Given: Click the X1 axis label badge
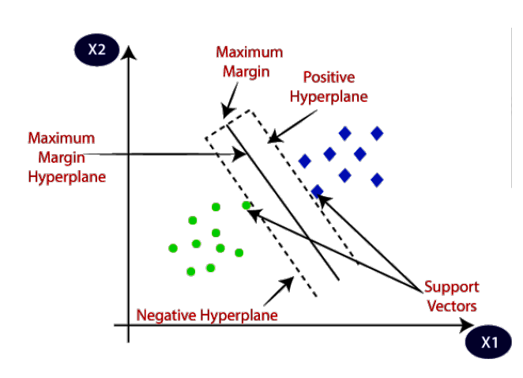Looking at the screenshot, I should pyautogui.click(x=490, y=342).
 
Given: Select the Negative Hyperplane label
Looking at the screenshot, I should pyautogui.click(x=207, y=315).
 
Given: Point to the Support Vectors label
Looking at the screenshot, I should pyautogui.click(x=451, y=296).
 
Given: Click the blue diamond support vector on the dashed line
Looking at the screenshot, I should pyautogui.click(x=317, y=190).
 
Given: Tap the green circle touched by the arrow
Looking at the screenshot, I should pyautogui.click(x=246, y=206).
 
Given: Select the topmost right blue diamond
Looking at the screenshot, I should pyautogui.click(x=377, y=133).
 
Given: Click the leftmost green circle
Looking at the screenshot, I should pyautogui.click(x=173, y=248).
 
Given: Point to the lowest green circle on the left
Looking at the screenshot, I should pyautogui.click(x=190, y=271).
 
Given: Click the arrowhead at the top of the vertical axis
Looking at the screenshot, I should pyautogui.click(x=128, y=52).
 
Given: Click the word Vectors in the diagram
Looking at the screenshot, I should pyautogui.click(x=451, y=305).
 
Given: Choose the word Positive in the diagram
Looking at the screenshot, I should pyautogui.click(x=329, y=78).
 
